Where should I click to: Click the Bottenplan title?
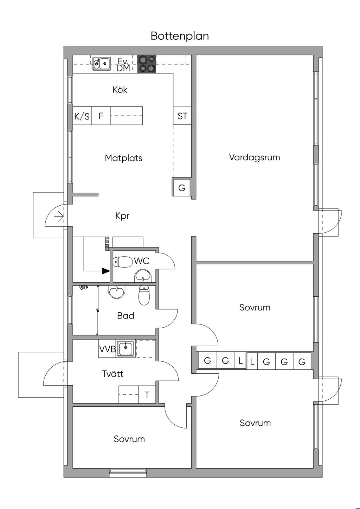point(180,36)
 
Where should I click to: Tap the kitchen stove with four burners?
point(147,64)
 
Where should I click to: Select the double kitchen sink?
point(102,64)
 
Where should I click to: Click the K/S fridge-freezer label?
point(82,116)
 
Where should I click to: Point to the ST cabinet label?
point(182,116)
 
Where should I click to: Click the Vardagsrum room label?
point(254,157)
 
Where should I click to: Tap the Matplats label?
point(124,158)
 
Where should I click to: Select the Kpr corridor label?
point(122,216)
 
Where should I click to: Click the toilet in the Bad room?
point(144,295)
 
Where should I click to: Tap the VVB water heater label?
point(108,349)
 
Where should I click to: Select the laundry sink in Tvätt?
point(126,349)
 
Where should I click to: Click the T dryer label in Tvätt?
point(147,395)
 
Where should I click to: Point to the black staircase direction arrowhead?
point(106,271)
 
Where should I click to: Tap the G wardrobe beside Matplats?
point(182,188)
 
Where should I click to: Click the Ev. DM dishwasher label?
point(123,65)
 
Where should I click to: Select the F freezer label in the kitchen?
point(101,116)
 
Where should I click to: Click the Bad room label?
point(126,316)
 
